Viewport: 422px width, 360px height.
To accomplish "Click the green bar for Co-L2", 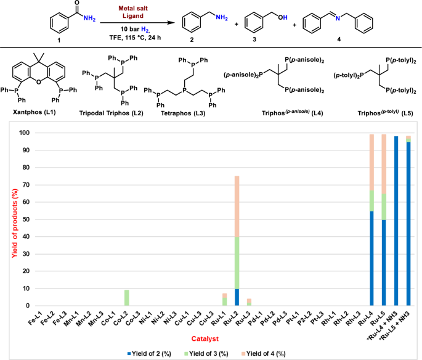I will click(x=126, y=298).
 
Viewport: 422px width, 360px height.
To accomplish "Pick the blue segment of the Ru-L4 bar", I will click(x=371, y=258).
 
